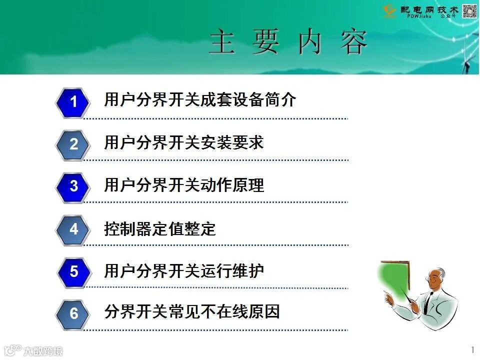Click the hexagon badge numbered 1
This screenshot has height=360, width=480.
click(73, 102)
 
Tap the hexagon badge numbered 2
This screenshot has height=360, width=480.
click(73, 144)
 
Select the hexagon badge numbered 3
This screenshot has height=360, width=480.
click(73, 186)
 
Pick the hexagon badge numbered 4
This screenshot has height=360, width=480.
click(73, 229)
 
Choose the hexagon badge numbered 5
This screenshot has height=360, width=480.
click(73, 271)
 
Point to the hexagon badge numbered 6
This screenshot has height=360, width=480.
click(73, 313)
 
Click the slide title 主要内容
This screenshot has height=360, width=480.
click(288, 42)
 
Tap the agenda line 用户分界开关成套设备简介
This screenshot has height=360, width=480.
click(200, 100)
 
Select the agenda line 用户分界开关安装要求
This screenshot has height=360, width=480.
click(183, 143)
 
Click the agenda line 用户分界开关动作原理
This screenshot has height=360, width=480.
click(183, 185)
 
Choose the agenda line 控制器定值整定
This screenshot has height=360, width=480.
click(159, 228)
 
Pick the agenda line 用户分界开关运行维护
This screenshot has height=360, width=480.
click(183, 271)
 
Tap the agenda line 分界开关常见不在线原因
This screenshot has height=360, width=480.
click(191, 311)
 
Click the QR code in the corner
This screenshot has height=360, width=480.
click(470, 11)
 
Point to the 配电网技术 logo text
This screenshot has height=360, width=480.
click(429, 9)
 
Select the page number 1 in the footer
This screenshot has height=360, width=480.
click(472, 348)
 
